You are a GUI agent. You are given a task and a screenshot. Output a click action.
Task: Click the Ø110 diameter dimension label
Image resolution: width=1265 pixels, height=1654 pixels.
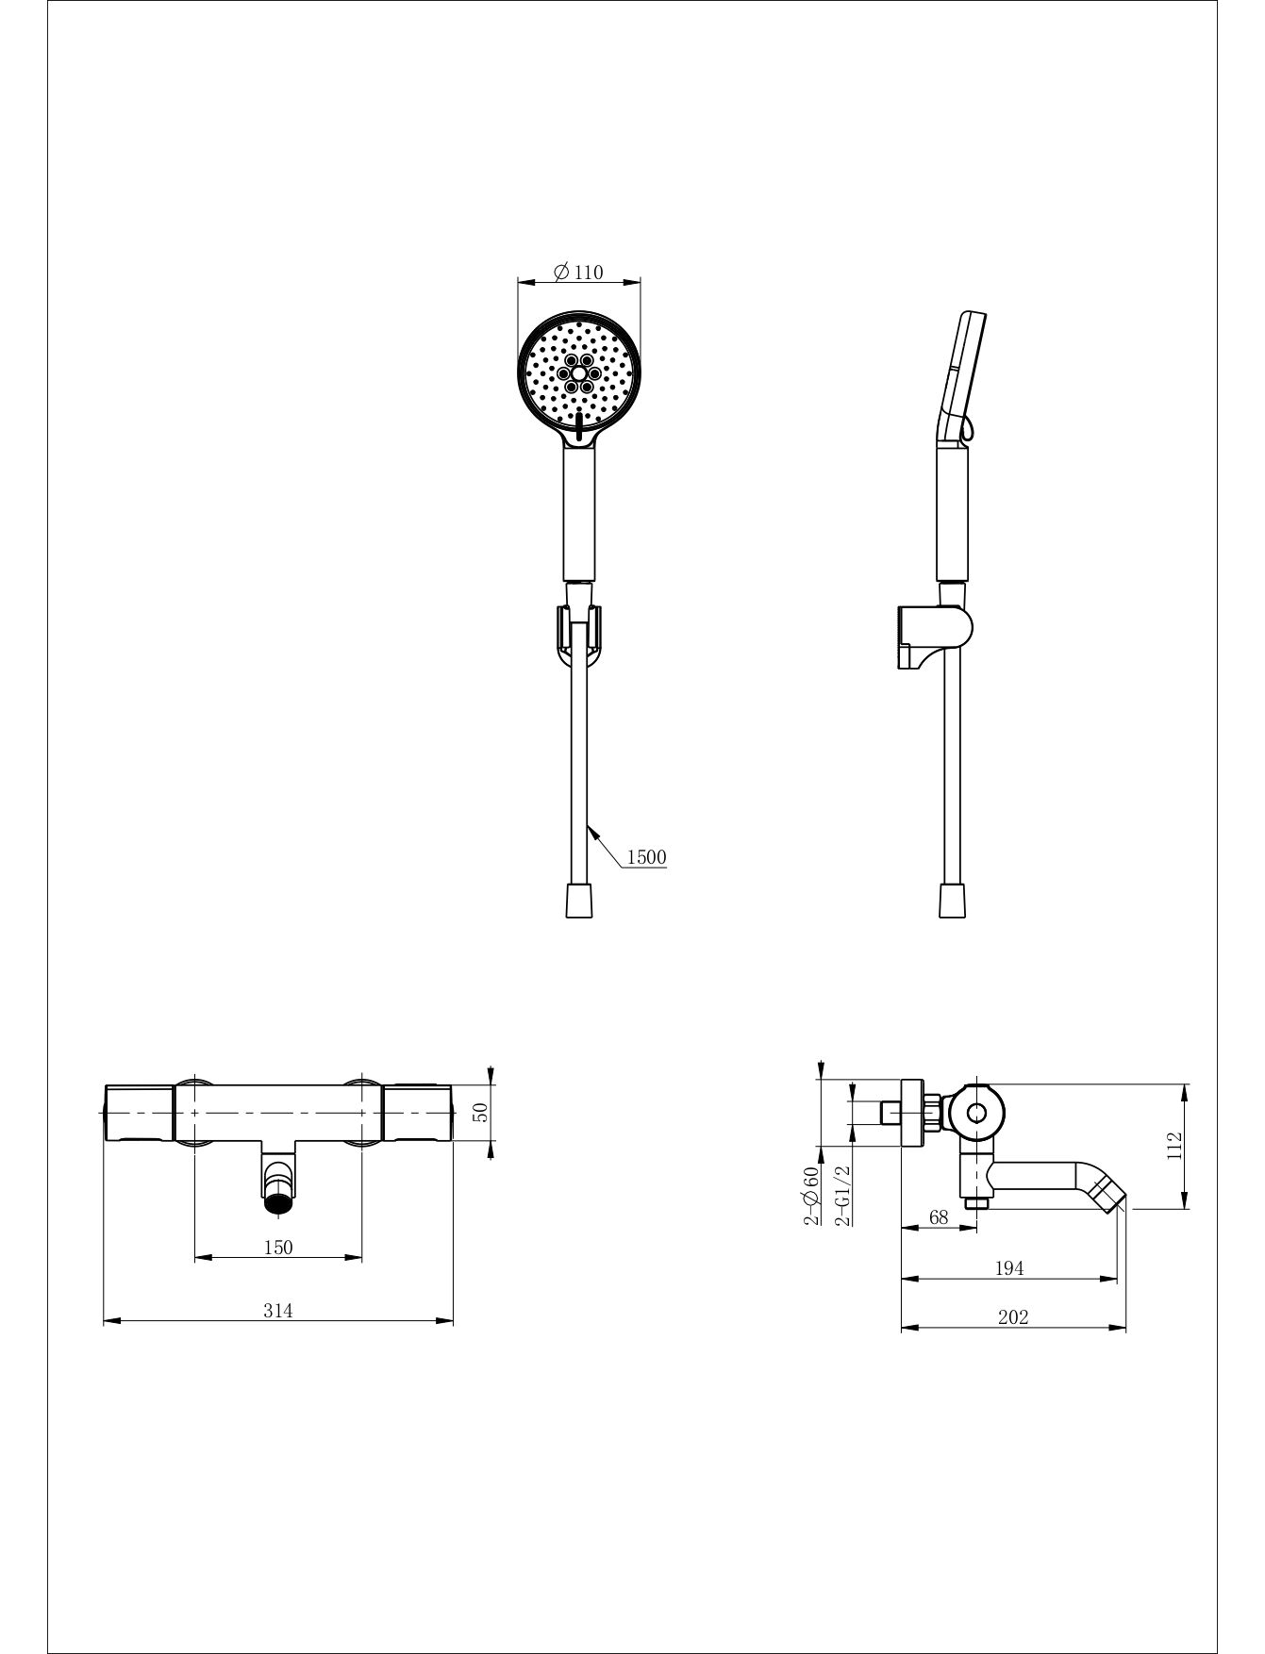coord(578,272)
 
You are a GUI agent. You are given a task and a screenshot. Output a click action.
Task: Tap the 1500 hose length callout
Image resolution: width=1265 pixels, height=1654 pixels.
coord(646,856)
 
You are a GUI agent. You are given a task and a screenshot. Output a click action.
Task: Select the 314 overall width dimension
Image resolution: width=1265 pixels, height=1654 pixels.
coord(277,1310)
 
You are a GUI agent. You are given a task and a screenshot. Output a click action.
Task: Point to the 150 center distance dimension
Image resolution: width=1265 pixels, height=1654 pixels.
coord(277,1247)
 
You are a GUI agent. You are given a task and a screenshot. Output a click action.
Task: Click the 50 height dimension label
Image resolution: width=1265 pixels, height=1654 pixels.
coord(479,1112)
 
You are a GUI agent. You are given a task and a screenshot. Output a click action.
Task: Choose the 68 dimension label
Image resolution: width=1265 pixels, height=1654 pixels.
coord(939,1216)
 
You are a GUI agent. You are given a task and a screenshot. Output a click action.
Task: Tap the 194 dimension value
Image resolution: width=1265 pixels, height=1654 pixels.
coord(1009,1268)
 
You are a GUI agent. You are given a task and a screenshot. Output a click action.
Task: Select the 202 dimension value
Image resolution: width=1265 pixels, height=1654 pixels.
coord(1012,1317)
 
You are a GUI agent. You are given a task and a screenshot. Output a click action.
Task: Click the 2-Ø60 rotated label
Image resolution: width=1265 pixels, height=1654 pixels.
coord(810,1195)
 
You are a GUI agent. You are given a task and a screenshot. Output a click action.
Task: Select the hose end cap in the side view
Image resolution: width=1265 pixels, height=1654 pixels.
coord(953,900)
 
